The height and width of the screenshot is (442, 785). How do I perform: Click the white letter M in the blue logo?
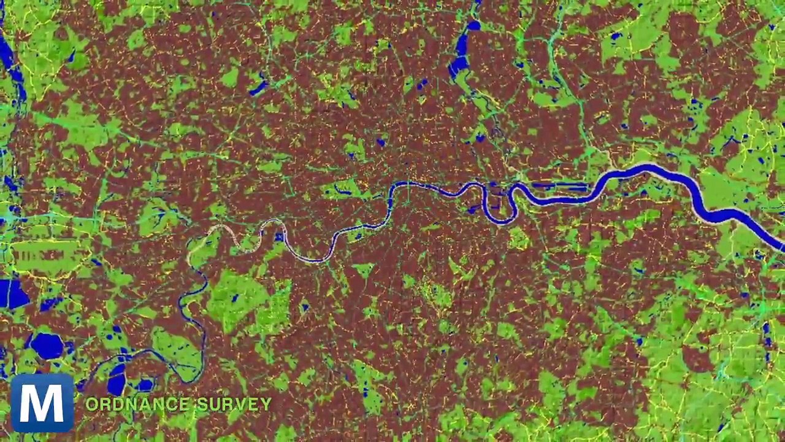(42, 402)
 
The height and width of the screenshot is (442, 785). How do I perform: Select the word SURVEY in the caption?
(233, 404)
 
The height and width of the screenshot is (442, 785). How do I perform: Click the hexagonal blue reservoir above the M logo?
(47, 346)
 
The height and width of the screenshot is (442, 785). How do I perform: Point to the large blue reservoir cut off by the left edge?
(12, 293)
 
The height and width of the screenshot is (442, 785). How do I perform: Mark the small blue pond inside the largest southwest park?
(234, 298)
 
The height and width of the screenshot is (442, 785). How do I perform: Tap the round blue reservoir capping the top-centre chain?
(473, 25)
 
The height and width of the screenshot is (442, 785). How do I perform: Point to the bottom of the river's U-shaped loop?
(500, 222)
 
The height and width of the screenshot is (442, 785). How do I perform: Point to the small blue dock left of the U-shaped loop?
(473, 209)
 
